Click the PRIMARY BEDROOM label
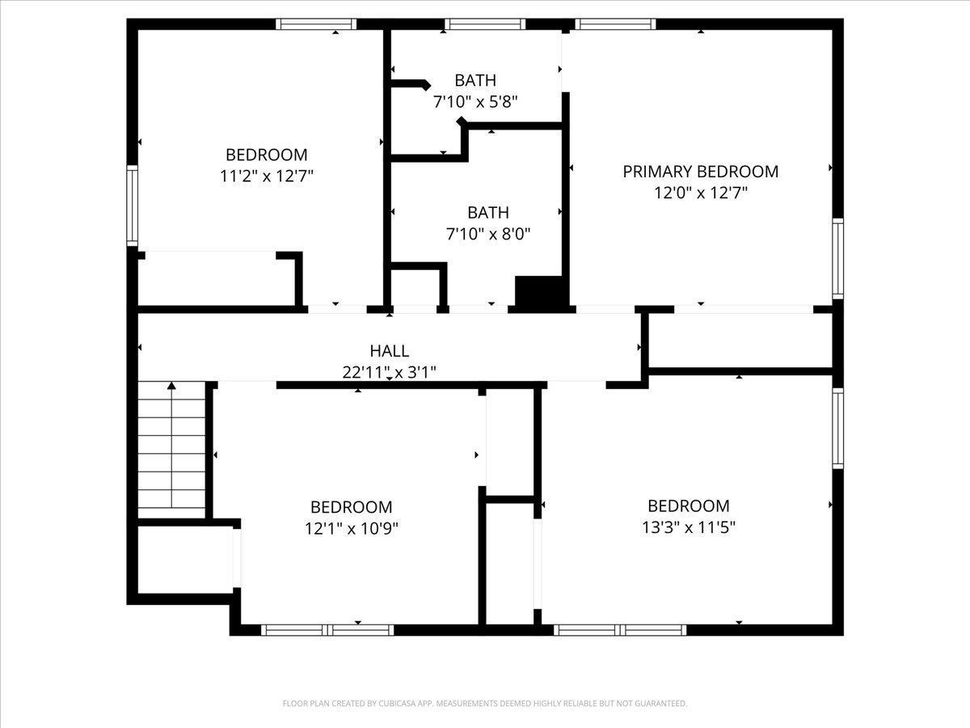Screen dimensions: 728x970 [700, 171]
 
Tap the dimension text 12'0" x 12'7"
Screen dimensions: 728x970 [700, 193]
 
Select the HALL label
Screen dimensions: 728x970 [390, 351]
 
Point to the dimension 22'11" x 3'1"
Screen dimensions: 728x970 [390, 372]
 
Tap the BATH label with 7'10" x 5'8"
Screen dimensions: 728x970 [475, 80]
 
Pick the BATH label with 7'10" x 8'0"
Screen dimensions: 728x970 [488, 213]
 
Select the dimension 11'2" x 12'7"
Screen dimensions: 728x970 [266, 176]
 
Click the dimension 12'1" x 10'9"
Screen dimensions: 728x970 [351, 528]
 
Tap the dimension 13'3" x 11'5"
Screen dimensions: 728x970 [688, 527]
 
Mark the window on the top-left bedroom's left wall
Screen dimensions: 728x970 [133, 205]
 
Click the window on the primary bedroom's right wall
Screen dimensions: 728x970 [838, 259]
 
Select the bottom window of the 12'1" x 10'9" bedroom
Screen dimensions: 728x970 [328, 629]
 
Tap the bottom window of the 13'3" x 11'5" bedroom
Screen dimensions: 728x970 [621, 629]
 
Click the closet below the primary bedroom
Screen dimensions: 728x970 [740, 341]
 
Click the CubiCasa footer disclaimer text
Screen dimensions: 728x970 [485, 704]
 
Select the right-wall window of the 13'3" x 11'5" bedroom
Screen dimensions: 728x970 [838, 429]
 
